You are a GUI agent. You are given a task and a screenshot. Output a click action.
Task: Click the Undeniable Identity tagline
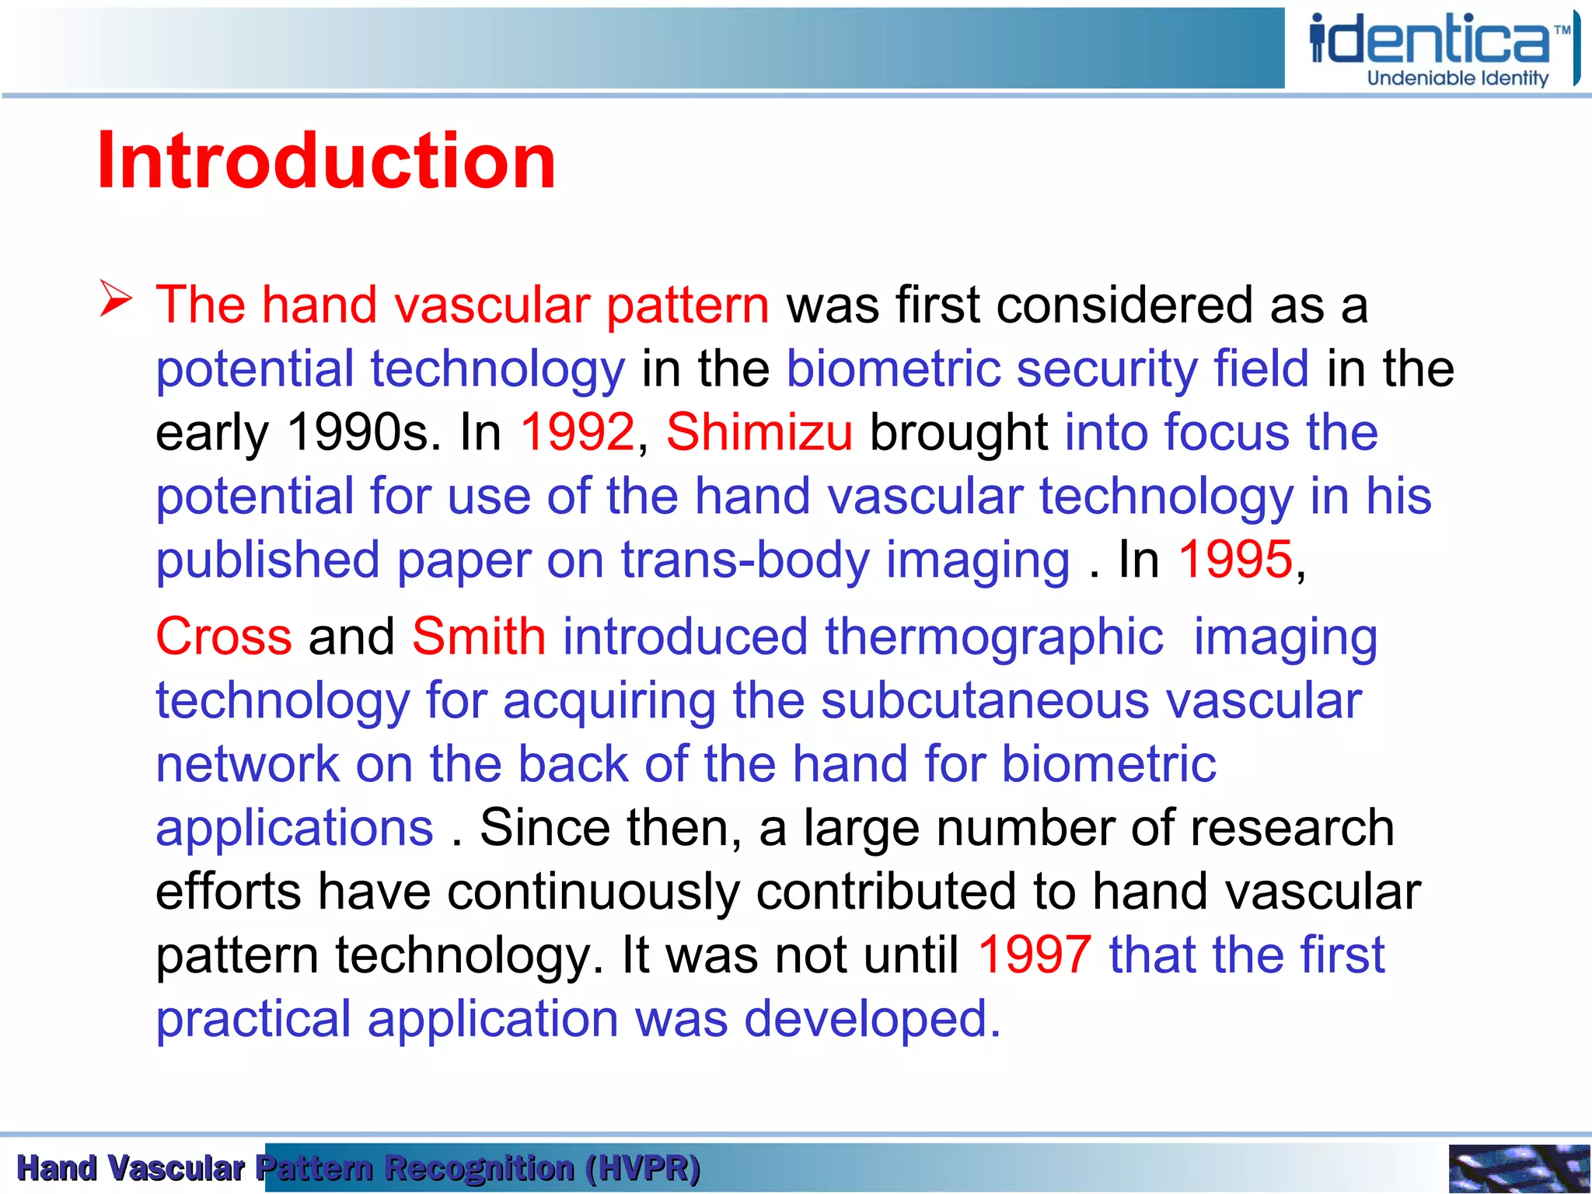(1458, 79)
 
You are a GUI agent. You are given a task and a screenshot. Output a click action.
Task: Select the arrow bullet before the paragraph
(116, 300)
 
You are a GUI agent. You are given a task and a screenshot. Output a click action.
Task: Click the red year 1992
(578, 432)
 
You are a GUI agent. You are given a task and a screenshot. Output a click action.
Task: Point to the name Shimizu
(759, 432)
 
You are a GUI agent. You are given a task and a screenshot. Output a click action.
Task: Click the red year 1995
(1235, 560)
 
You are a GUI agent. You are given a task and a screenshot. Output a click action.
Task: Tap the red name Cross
(224, 637)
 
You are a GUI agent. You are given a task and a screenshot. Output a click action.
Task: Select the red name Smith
(479, 637)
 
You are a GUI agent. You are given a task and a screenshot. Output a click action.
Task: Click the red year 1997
(1034, 955)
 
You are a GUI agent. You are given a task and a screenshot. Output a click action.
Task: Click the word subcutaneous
(985, 701)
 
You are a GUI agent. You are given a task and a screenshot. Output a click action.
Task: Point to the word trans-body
(745, 560)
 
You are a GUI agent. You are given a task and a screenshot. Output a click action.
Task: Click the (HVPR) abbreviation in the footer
(643, 1168)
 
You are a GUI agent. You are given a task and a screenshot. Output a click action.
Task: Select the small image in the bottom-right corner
(1518, 1168)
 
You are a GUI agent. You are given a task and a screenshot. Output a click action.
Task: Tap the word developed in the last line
(871, 1019)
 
